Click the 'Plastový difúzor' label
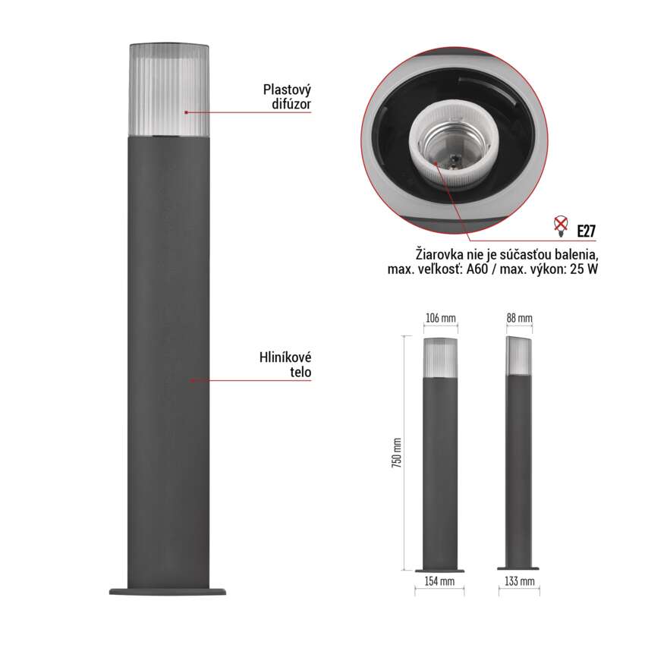point(287,96)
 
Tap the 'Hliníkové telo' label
point(285,364)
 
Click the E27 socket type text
point(586,231)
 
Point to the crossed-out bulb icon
point(561,226)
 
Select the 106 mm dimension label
point(440,318)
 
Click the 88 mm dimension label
point(519,318)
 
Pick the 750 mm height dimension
point(397,453)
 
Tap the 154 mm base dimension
point(439,581)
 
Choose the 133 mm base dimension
point(519,581)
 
